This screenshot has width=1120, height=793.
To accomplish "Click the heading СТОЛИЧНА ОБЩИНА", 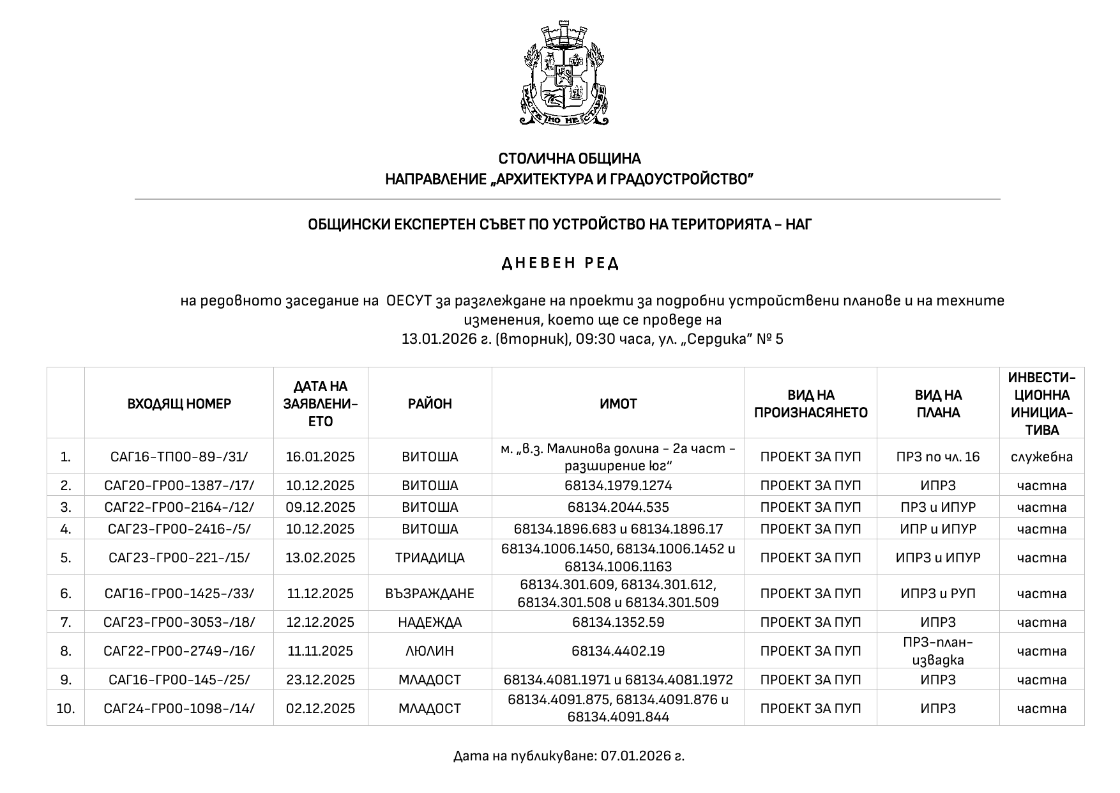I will pos(569,158).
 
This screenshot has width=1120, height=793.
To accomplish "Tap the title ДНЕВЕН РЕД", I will pos(560,263).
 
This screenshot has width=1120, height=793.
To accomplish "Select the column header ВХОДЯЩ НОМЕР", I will pos(179,404).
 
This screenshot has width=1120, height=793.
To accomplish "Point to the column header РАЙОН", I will pos(430,404).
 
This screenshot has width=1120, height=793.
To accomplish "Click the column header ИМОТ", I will pos(618,404).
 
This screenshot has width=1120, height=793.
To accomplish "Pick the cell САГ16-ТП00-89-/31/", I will pos(179,457).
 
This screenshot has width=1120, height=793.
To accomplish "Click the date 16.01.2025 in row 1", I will pos(320,457).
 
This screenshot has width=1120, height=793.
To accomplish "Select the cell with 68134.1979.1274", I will pos(618,486).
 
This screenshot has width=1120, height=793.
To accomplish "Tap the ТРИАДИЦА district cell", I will pos(430,558).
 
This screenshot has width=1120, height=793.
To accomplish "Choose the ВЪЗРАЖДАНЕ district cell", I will pos(430,594).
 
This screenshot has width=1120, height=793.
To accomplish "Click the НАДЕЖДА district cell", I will pos(430,622).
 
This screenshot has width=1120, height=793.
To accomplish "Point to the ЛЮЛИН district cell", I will pos(430,651).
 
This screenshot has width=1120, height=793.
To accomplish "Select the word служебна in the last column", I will pos(1041,457).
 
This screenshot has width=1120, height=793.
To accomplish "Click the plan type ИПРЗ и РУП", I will pos(938,594).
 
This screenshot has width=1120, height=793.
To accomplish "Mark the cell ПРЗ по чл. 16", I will pos(938,457).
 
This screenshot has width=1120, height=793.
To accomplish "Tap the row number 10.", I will pos(66,709).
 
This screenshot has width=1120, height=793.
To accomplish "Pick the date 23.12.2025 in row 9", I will pos(320,680).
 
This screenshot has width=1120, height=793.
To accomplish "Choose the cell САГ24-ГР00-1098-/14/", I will pos(179,709).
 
